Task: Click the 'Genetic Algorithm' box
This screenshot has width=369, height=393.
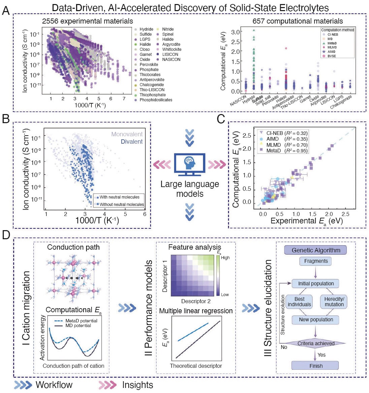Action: point(316,250)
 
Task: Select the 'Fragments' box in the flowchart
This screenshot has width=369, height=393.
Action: point(316,261)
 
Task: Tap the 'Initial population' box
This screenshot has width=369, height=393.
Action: point(316,283)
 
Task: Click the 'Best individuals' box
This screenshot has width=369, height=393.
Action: point(299,301)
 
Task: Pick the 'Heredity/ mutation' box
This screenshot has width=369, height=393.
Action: point(334,301)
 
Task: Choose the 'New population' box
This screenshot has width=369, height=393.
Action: point(316,320)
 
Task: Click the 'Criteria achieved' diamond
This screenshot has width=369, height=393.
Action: point(316,344)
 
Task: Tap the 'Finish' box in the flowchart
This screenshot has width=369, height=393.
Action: point(316,366)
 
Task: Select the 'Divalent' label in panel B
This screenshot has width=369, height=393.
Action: point(132,142)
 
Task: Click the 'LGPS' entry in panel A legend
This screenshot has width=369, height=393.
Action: point(145,39)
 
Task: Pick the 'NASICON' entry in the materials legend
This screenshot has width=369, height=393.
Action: point(171,60)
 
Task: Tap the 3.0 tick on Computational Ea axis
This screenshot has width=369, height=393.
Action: point(235,32)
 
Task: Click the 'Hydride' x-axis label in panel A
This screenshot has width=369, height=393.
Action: point(248,100)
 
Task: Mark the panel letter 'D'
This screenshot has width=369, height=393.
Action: point(6,235)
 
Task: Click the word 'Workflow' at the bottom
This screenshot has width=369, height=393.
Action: point(54,385)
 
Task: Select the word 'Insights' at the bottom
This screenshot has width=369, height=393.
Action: point(137,385)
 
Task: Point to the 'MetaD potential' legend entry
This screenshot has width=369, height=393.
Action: point(81,321)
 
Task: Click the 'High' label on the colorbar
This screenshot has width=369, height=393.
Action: point(225,258)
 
